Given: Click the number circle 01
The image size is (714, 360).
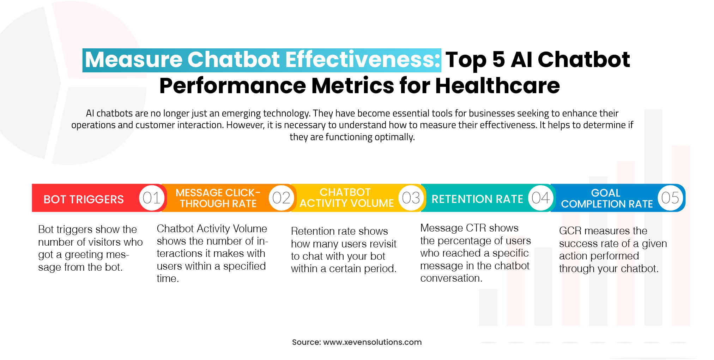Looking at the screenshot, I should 152,198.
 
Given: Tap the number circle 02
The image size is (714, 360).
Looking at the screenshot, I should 281,198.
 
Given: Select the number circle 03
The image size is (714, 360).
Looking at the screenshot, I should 411,198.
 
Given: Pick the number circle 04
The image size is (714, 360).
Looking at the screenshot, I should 540,198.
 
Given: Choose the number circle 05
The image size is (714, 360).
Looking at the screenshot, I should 670,198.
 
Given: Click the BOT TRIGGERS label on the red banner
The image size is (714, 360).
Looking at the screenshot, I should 84,199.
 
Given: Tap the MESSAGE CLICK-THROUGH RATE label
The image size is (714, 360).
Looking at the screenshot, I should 218,198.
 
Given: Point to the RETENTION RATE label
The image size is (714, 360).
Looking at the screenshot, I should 477,199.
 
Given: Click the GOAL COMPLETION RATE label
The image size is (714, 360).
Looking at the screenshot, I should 607,198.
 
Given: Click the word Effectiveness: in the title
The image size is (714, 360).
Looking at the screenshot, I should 363,59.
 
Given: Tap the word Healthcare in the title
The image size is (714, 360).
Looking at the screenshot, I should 497,86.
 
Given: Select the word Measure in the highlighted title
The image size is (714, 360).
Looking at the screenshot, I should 133,59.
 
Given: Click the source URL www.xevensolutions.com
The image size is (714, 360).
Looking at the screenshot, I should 372,342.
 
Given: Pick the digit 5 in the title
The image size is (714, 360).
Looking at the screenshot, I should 498,59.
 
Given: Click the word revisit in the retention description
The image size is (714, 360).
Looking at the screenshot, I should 382,244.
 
